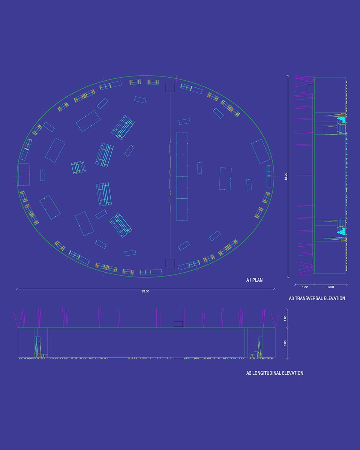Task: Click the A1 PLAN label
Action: pyautogui.click(x=254, y=280)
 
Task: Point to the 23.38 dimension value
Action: pyautogui.click(x=145, y=291)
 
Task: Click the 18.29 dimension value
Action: pyautogui.click(x=286, y=176)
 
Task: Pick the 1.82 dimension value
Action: pyautogui.click(x=305, y=287)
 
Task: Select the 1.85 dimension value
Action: pyautogui.click(x=285, y=318)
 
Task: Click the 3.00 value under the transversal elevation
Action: pyautogui.click(x=330, y=287)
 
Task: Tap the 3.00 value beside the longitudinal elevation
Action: pyautogui.click(x=285, y=343)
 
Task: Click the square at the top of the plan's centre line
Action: pyautogui.click(x=170, y=87)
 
